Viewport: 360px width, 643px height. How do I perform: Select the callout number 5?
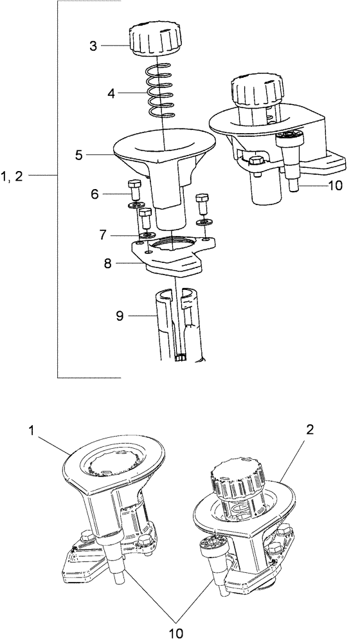(x=79, y=154)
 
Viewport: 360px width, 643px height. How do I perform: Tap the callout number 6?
(x=95, y=192)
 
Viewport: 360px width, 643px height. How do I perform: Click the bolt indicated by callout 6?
(x=134, y=188)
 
